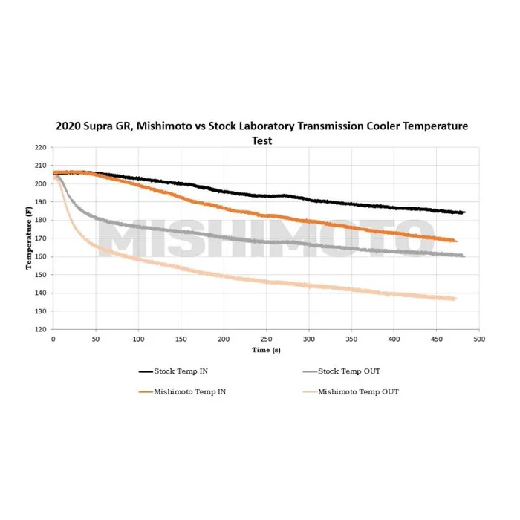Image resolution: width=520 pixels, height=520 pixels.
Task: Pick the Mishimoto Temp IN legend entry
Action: (x=182, y=391)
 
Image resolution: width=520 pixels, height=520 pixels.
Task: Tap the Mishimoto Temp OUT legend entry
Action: (x=357, y=391)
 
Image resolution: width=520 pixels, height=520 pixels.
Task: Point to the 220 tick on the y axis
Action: (x=42, y=147)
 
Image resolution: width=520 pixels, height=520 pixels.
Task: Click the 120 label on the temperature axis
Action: (x=42, y=329)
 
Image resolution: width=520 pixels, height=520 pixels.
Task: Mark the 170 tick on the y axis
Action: (x=42, y=238)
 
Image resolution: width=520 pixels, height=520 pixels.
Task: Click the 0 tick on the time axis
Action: (x=53, y=339)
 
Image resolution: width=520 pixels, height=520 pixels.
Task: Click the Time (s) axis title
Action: (x=266, y=349)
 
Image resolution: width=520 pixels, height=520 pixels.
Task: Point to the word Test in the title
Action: (x=261, y=140)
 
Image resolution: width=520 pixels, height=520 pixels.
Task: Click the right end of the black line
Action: (x=464, y=212)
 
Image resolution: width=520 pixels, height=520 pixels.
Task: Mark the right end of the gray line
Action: (x=464, y=256)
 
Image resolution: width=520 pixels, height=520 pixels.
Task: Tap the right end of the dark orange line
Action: (x=456, y=241)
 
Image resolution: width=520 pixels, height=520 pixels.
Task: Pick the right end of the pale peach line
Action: (x=455, y=299)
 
